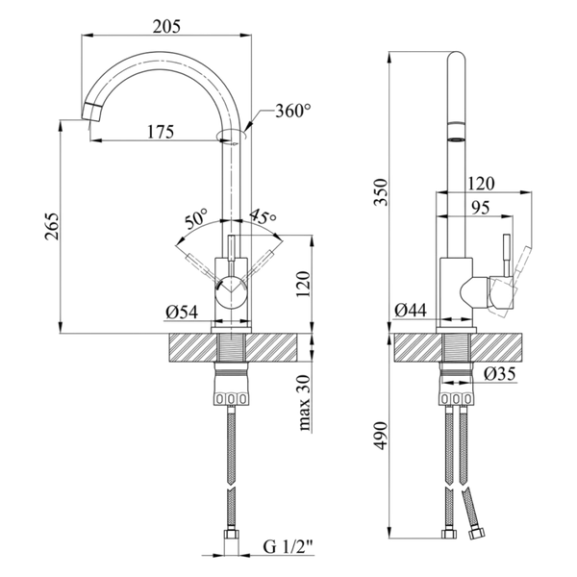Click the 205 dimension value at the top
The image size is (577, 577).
click(x=166, y=27)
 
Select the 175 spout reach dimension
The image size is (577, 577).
click(x=161, y=132)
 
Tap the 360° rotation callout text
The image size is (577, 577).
click(x=293, y=111)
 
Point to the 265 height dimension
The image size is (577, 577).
click(x=52, y=226)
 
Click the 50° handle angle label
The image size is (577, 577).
click(x=196, y=219)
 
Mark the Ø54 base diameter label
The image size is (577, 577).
click(x=182, y=313)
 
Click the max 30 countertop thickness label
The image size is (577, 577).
click(x=305, y=403)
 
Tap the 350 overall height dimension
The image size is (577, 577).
click(x=381, y=192)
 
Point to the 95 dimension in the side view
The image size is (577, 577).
click(x=480, y=208)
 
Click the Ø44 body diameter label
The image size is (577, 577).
click(x=411, y=311)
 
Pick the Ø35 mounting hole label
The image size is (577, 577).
click(x=500, y=374)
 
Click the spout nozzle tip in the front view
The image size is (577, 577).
click(x=91, y=112)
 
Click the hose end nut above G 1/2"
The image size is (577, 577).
click(x=232, y=537)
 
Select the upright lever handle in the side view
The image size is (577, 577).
click(x=507, y=255)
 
